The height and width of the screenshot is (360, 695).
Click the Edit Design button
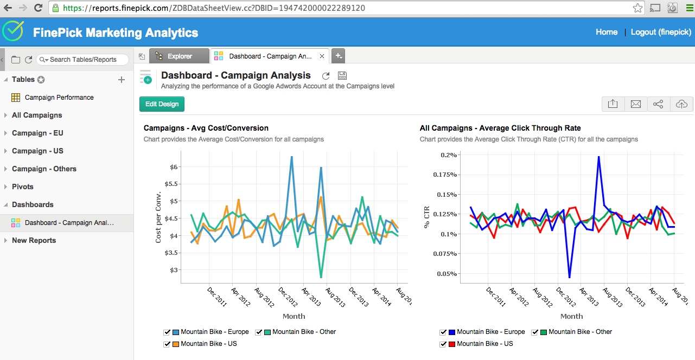point(162,104)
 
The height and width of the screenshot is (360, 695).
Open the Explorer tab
point(180,56)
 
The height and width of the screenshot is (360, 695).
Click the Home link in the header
point(606,32)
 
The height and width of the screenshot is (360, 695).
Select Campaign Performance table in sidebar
point(59,98)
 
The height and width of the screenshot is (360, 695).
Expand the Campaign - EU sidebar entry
point(37,133)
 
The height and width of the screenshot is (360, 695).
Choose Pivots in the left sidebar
point(22,187)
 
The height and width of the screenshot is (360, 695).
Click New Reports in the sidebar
point(34,240)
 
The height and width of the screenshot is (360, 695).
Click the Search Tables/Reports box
point(82,60)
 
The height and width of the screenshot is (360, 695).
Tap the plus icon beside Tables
point(122,80)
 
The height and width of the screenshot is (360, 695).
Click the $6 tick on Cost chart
point(174,167)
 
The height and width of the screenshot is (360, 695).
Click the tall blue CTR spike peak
point(598,157)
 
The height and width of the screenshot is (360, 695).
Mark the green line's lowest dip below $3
point(321,278)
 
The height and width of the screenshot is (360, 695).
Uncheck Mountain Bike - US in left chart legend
point(167,344)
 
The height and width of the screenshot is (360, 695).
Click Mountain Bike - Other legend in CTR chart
point(580,332)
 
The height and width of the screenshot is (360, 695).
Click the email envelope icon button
point(635,104)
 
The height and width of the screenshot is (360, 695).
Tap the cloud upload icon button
point(681,104)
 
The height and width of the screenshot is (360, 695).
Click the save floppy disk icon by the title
point(342,76)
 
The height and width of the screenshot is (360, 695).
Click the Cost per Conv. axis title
point(158,217)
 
